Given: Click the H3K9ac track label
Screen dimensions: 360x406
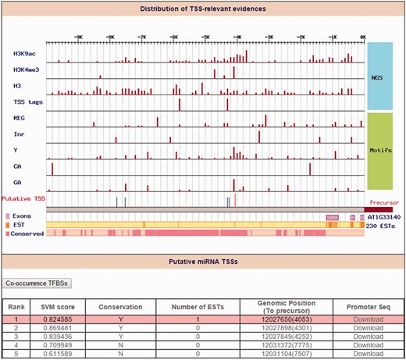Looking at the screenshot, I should click(x=24, y=54).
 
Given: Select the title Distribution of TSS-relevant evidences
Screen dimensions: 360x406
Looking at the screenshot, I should click(x=203, y=9).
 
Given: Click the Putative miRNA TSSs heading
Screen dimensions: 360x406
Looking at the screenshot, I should click(x=203, y=264).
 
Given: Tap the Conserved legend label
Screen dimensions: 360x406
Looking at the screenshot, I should click(x=27, y=233).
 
